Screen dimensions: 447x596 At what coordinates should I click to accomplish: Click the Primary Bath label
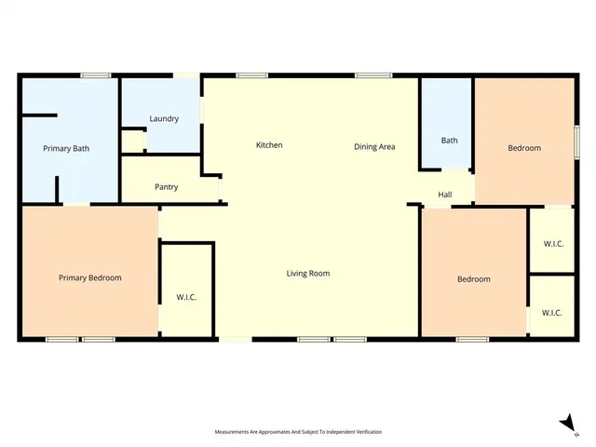(x=66, y=148)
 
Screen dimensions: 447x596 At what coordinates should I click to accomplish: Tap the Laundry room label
(x=164, y=118)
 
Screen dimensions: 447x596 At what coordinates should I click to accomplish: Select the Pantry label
(x=164, y=187)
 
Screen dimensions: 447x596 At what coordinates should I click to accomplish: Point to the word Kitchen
(x=269, y=145)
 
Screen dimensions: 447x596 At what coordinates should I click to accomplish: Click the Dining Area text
(x=374, y=146)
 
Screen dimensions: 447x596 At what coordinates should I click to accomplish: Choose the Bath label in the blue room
(x=449, y=141)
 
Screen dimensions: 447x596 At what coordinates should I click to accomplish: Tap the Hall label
(x=445, y=195)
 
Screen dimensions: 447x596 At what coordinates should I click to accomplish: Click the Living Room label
(x=307, y=273)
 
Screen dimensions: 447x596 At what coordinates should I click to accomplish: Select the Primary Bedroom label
(x=89, y=278)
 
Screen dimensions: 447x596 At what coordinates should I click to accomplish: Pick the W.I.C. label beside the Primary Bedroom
(x=186, y=297)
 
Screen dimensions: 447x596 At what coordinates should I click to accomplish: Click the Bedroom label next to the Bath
(x=523, y=148)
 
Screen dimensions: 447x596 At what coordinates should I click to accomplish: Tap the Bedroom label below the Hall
(x=473, y=278)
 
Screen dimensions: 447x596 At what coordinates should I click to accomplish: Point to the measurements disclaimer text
(x=298, y=432)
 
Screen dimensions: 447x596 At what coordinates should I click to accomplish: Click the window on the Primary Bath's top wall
(x=95, y=75)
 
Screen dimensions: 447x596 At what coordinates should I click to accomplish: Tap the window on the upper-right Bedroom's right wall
(x=576, y=142)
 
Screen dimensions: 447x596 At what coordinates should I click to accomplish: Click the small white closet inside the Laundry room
(x=133, y=142)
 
